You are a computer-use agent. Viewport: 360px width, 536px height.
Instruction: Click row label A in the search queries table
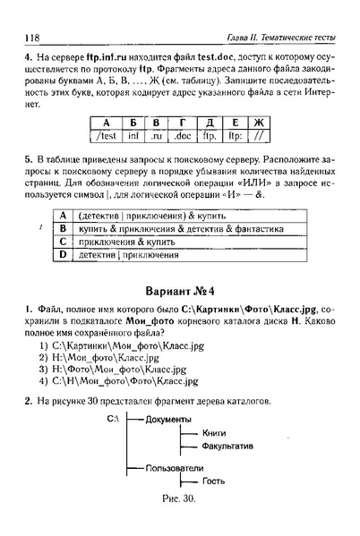63,216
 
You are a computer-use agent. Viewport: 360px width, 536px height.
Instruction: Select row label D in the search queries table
63,255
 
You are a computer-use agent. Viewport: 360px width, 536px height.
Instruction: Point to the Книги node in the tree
215,433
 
